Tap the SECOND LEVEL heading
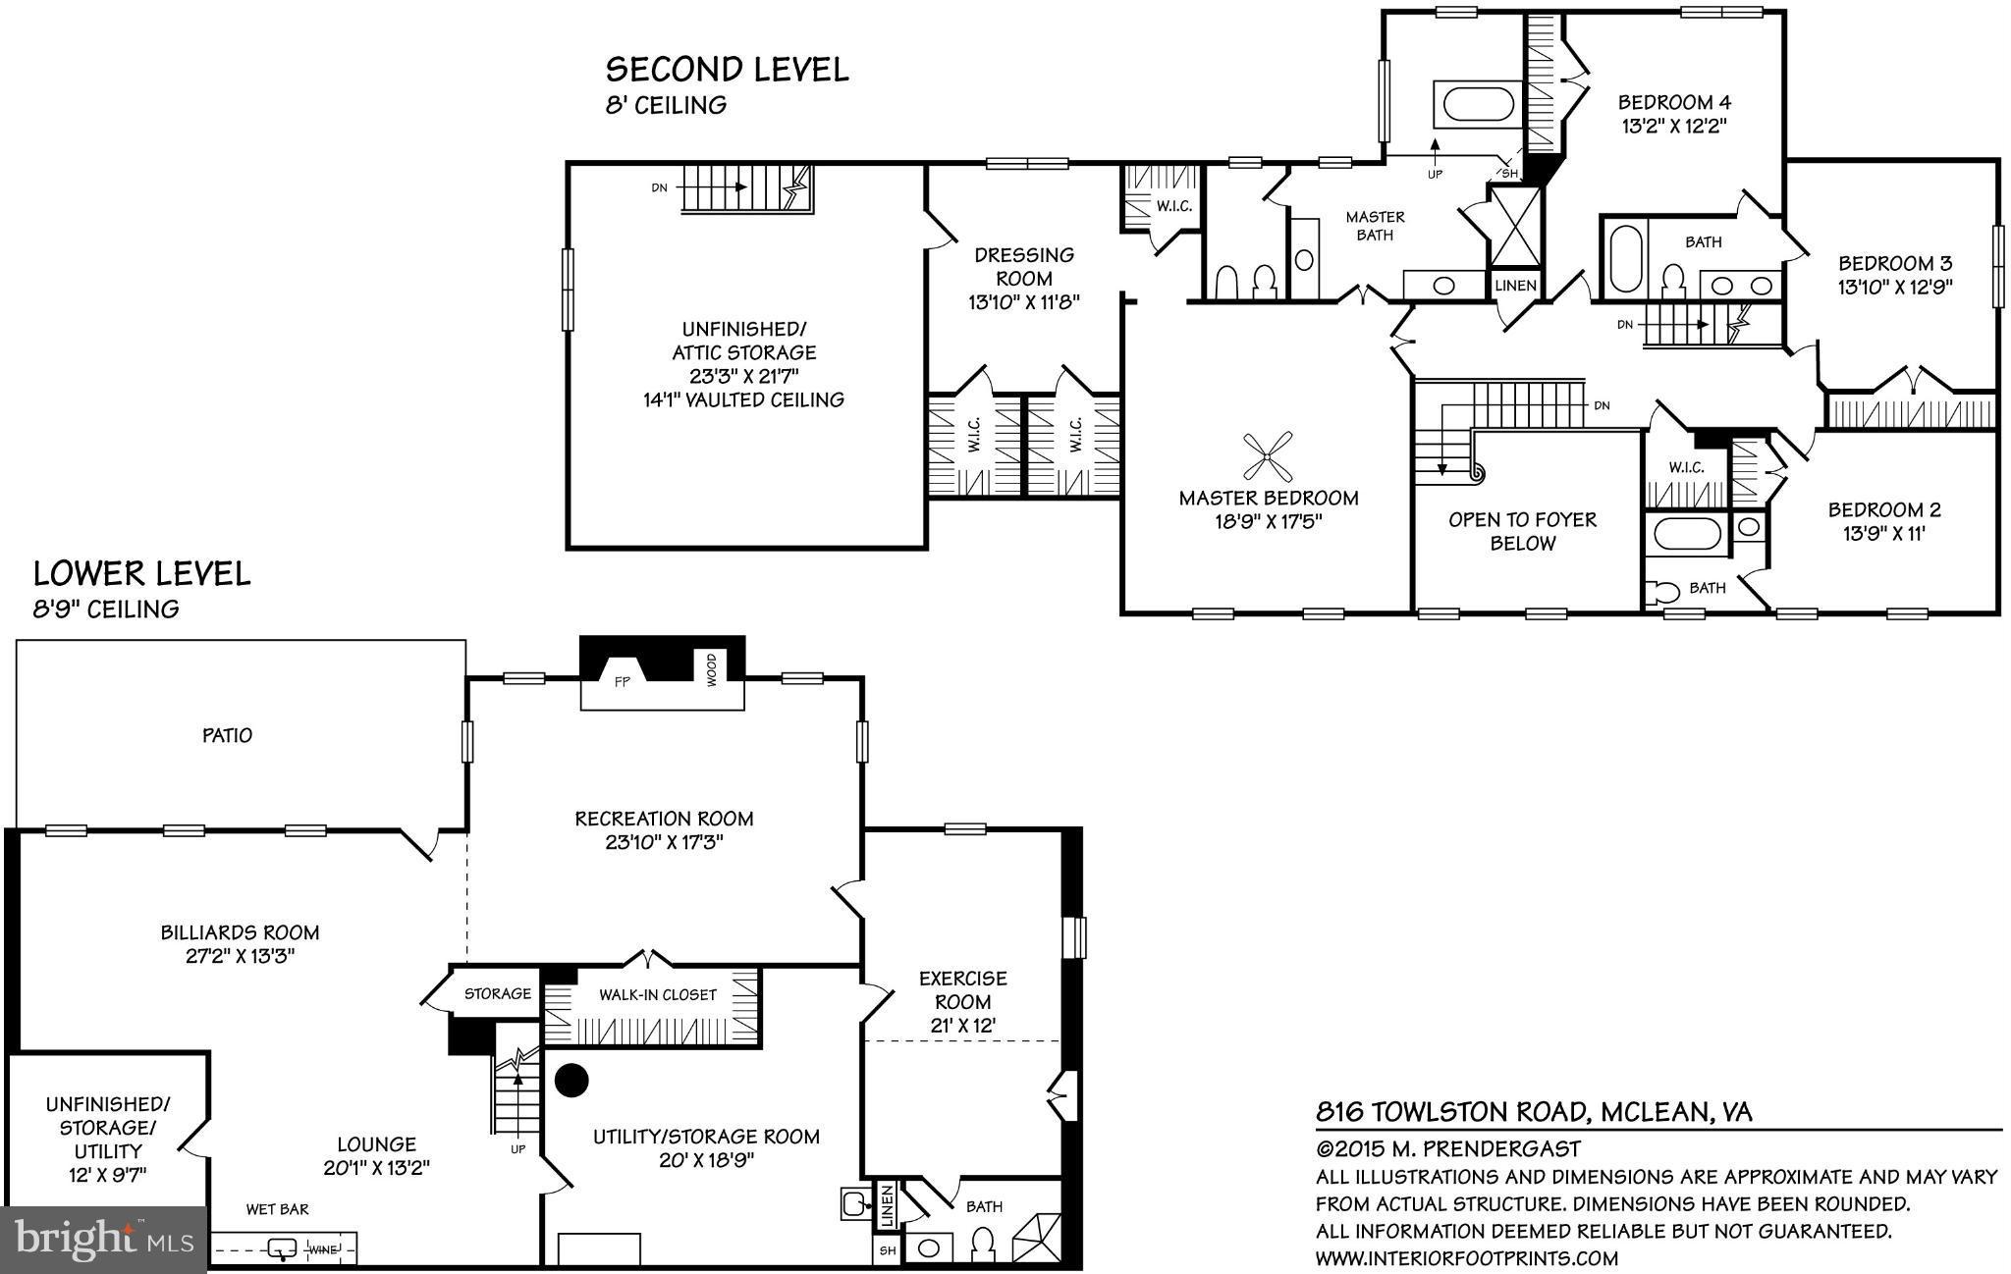[x=727, y=70]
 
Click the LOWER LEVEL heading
[x=142, y=573]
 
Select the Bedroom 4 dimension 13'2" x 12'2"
[x=1674, y=126]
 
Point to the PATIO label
[x=227, y=735]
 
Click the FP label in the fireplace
[x=622, y=682]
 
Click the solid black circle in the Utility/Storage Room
[x=571, y=1080]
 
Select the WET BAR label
[x=277, y=1209]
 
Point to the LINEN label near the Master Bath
[x=1515, y=286]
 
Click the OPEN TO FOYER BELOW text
[x=1522, y=531]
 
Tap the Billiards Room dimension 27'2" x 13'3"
[x=241, y=956]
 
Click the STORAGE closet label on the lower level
[x=497, y=993]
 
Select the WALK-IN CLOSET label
[x=658, y=994]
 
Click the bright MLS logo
[x=103, y=1240]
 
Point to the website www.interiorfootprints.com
[x=1466, y=1258]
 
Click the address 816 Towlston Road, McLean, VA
[x=1534, y=1112]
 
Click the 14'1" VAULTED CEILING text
[x=743, y=399]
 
